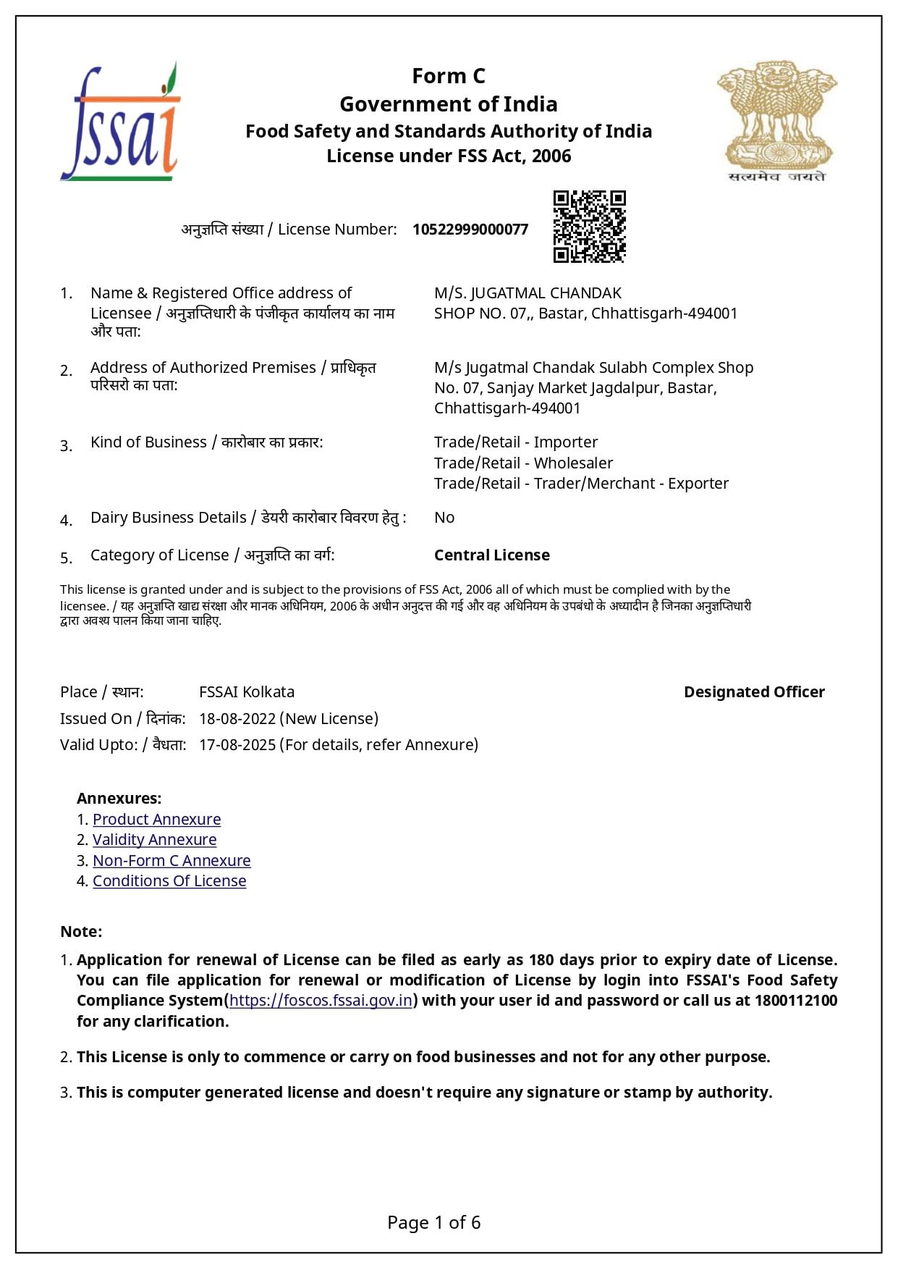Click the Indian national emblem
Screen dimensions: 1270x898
coord(776,121)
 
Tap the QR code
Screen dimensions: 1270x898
coord(589,227)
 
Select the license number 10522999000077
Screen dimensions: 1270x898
coord(470,230)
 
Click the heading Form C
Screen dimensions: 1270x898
coord(449,76)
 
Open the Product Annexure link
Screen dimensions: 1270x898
coord(156,820)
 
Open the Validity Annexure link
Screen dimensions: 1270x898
coord(154,840)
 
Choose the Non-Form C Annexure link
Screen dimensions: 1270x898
coord(171,861)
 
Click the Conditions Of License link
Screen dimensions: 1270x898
coord(169,881)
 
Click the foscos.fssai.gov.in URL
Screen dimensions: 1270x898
coord(321,1001)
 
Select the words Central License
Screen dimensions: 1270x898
coord(492,555)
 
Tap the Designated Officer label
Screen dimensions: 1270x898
coord(754,692)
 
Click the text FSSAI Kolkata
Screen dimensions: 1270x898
coord(247,692)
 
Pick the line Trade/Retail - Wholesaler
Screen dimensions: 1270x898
coord(523,463)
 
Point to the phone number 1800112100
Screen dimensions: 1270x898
coord(796,1001)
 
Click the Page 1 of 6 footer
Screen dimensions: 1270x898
coord(434,1223)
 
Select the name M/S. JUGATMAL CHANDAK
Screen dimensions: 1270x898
coord(528,293)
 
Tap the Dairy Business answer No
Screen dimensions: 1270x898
coord(444,518)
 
